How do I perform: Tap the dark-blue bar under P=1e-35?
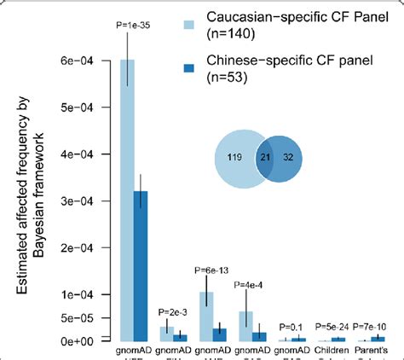point(141,265)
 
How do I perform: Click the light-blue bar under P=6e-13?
point(205,316)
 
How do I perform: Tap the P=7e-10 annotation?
point(372,327)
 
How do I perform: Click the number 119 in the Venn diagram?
point(238,156)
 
